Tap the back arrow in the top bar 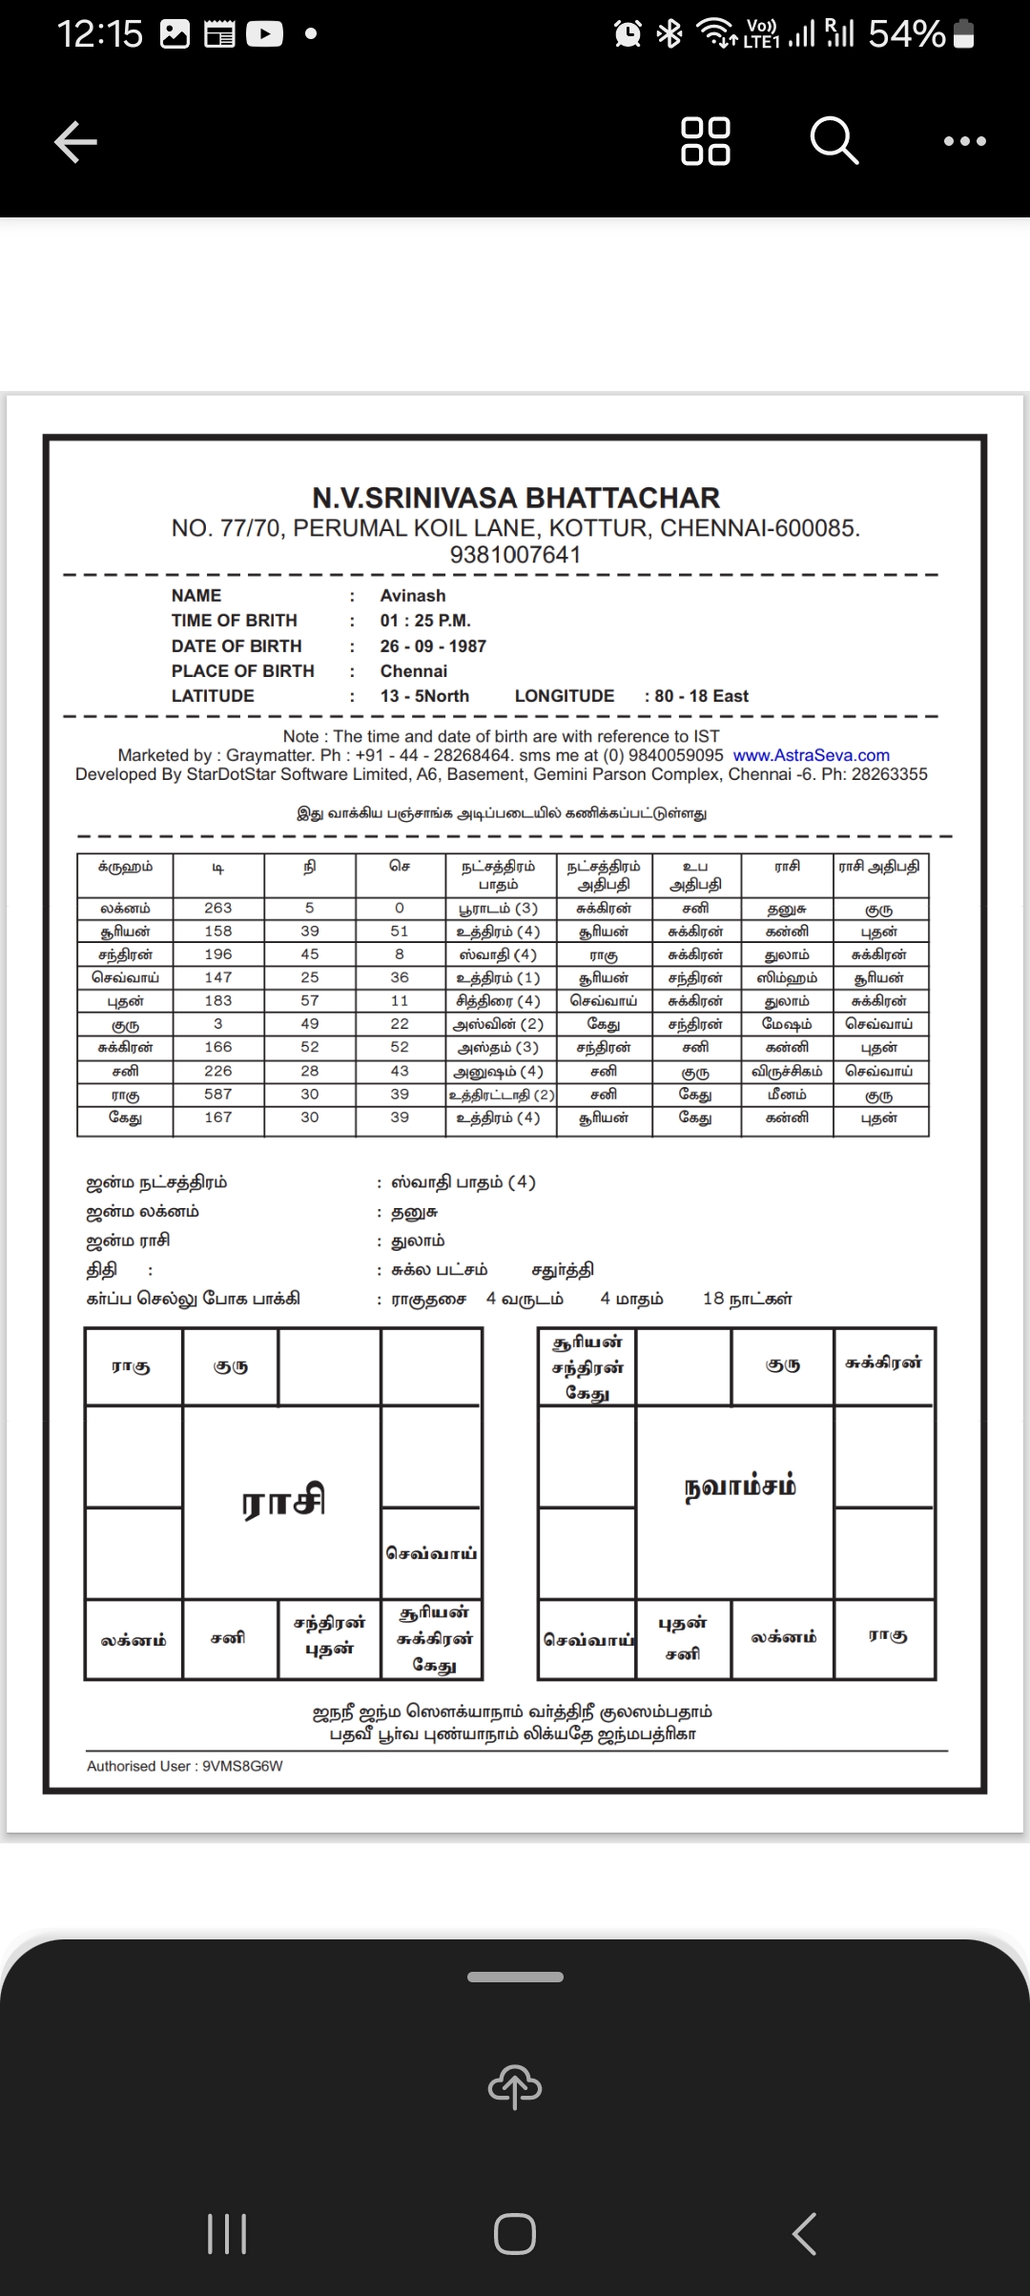tap(75, 143)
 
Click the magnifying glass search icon tap(834, 141)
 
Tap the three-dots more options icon tap(964, 141)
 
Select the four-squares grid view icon tap(706, 141)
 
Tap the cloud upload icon tap(515, 2087)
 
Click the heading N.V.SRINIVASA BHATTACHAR tap(516, 498)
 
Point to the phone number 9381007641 tap(515, 554)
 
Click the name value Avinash tap(413, 596)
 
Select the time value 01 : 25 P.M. tap(425, 621)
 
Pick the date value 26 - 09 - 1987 tap(433, 646)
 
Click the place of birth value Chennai tap(414, 671)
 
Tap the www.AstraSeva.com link tap(811, 755)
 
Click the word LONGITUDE tap(565, 696)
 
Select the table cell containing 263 tap(218, 909)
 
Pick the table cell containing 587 tap(218, 1095)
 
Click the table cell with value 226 tap(218, 1072)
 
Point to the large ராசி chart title tap(283, 1501)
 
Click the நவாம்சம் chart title tap(740, 1487)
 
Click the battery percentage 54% tap(906, 34)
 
